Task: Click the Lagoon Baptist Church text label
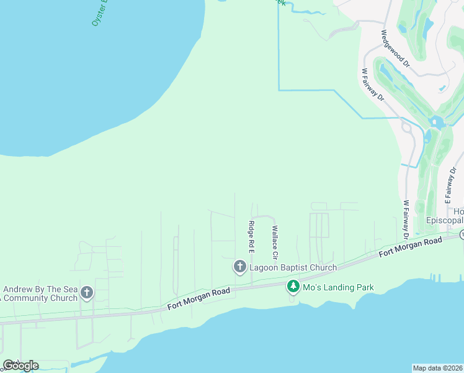coord(293,267)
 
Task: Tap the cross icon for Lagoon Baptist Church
coord(239,267)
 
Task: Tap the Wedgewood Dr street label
coord(395,48)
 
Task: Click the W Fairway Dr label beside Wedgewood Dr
coord(373,85)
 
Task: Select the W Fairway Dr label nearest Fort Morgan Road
coord(406,219)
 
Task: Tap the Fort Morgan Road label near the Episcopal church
coord(410,246)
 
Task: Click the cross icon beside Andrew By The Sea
coord(87,292)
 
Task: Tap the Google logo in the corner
coord(20,365)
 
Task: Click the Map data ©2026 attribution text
coord(437,368)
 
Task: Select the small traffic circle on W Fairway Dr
coord(407,127)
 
